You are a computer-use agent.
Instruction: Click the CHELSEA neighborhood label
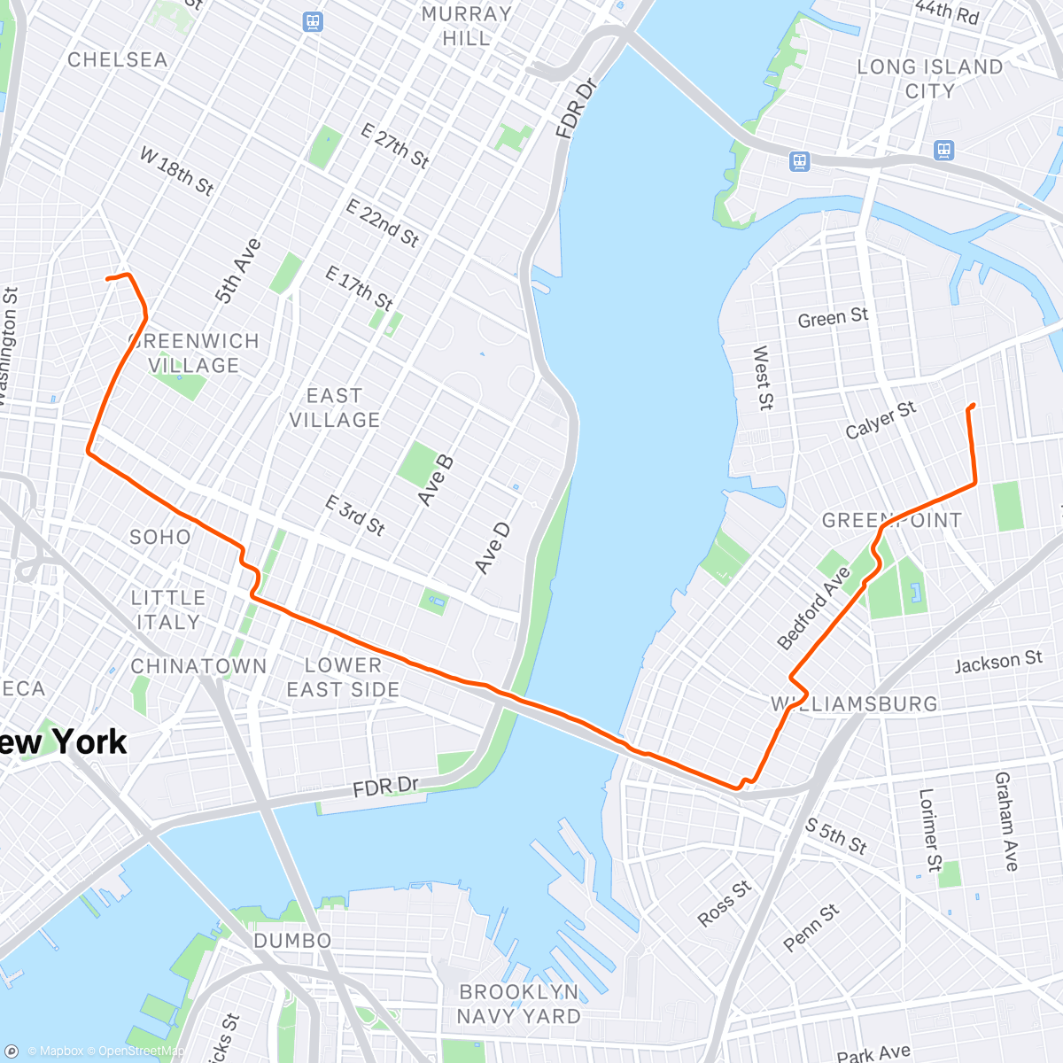[117, 59]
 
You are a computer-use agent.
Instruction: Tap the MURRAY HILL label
[466, 27]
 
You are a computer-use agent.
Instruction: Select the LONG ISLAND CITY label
[929, 79]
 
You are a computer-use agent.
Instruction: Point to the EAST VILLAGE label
[334, 407]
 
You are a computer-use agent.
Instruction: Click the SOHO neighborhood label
[160, 537]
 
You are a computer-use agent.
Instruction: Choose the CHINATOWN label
[198, 666]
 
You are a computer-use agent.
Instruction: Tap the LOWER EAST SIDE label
[343, 677]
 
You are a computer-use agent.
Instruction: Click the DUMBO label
[292, 941]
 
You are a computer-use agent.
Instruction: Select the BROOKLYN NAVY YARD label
[518, 1004]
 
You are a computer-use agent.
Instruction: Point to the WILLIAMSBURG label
[854, 704]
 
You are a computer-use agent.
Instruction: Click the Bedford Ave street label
[813, 609]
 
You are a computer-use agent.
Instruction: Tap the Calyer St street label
[881, 420]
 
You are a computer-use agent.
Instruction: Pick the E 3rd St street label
[354, 516]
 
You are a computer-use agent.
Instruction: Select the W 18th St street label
[177, 171]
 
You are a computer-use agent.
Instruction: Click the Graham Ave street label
[1006, 821]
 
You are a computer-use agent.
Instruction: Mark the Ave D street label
[492, 547]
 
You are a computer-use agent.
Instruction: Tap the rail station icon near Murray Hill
[312, 21]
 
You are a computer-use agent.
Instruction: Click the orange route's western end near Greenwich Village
[108, 279]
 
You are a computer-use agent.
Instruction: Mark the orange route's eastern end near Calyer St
[973, 406]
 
